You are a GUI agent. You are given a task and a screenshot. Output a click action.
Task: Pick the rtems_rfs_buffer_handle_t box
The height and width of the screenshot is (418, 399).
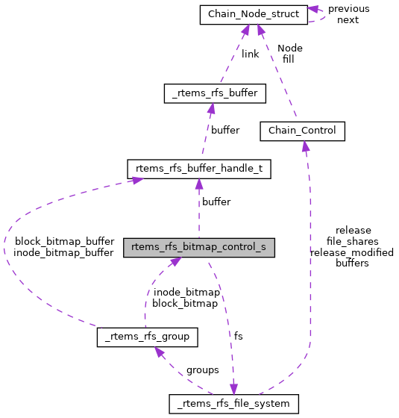point(198,169)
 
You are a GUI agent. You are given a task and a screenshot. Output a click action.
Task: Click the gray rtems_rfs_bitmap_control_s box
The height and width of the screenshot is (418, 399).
point(198,247)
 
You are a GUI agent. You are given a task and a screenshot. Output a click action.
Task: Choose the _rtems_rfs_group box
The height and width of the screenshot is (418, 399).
point(147,337)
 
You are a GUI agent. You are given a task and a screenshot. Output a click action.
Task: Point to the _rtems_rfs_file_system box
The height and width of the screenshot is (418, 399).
point(234,404)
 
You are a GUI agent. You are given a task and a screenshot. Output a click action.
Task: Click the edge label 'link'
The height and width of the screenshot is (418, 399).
point(250,54)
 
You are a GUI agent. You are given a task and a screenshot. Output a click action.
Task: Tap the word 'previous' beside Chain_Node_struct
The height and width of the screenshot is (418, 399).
point(348,8)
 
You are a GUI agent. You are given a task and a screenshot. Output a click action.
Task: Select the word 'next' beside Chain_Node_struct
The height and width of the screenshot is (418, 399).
point(348,19)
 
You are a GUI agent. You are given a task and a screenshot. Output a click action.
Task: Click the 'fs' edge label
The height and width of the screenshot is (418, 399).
point(238,336)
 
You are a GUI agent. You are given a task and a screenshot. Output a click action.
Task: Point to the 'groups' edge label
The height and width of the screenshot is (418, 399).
point(202,369)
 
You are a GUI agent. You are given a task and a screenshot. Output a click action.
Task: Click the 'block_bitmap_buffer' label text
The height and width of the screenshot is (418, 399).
point(63,241)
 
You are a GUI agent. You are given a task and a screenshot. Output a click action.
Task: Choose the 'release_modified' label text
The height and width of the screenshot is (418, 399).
point(351,252)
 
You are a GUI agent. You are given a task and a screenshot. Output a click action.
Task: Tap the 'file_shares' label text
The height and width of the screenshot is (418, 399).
point(352,241)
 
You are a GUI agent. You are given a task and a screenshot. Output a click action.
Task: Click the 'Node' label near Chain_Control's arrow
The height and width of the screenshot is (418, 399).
point(289,48)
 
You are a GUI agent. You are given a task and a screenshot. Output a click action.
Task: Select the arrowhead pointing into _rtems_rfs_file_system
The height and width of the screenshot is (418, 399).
point(233,390)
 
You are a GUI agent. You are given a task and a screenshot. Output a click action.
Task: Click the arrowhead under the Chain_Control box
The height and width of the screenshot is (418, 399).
point(304,145)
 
